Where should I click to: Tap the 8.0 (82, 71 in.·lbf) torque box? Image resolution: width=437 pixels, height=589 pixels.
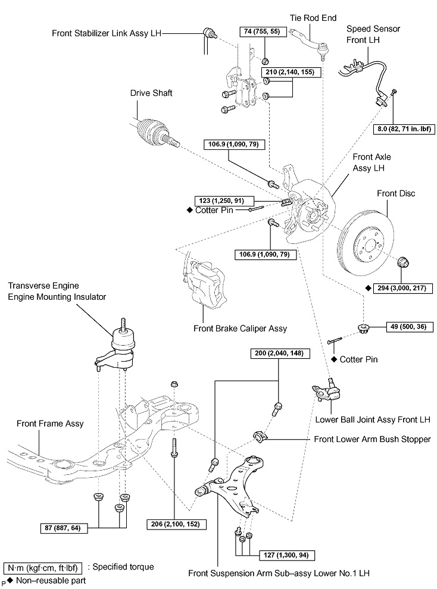pos(404,129)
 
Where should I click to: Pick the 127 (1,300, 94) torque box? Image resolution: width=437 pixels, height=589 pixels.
pos(287,555)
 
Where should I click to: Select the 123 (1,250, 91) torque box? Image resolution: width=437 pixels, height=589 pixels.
pos(224,201)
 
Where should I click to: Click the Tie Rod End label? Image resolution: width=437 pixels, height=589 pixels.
pos(313,18)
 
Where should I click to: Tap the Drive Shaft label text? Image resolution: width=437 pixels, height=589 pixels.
pos(151,93)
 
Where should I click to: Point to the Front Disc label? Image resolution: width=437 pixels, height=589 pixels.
pos(396,193)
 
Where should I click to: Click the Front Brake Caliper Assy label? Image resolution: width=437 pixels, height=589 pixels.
pos(240,328)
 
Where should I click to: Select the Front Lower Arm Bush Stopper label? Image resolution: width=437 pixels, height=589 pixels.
pos(372,439)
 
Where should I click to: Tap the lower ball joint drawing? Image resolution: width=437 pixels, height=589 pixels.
pos(326,391)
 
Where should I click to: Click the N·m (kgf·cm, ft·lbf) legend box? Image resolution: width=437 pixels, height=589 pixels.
pos(42,568)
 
